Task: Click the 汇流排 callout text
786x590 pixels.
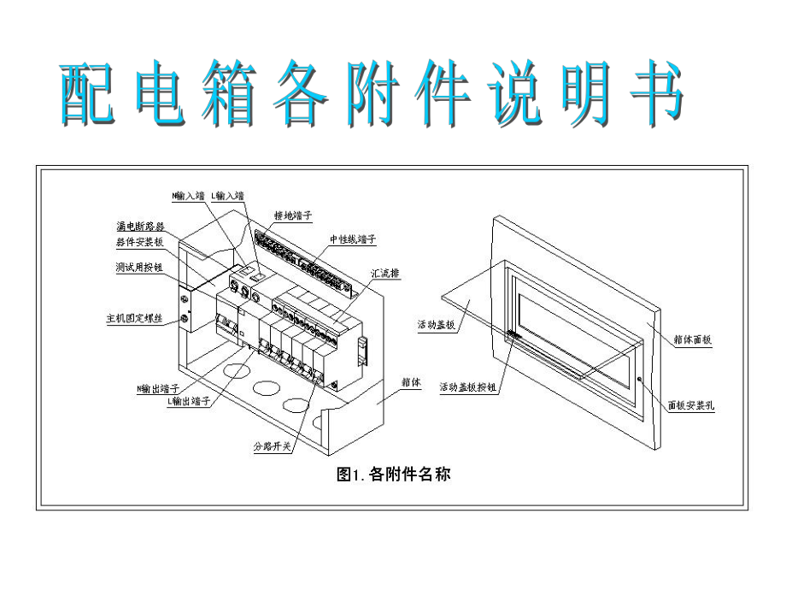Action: (x=386, y=274)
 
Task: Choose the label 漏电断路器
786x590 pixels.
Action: (x=140, y=227)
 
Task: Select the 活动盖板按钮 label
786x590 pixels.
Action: (x=468, y=386)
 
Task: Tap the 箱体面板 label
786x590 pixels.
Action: (x=690, y=339)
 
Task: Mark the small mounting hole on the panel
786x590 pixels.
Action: (x=640, y=379)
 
